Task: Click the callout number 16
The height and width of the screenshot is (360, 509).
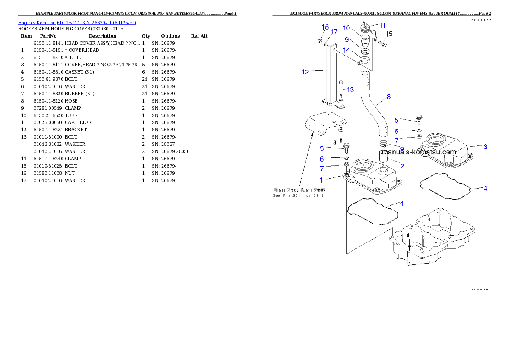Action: [x=325, y=27]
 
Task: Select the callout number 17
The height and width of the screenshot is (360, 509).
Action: [x=334, y=32]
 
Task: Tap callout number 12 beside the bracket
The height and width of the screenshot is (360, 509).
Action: [x=305, y=72]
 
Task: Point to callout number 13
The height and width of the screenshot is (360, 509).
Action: [x=350, y=89]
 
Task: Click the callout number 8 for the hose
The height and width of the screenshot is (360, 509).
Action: [x=388, y=97]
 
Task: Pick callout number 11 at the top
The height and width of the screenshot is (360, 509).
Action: [x=382, y=25]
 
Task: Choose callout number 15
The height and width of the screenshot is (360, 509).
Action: [x=389, y=34]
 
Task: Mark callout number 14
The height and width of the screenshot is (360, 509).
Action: [x=346, y=50]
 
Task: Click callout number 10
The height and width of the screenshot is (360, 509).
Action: [x=346, y=28]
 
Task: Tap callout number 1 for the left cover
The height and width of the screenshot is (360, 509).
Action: [x=322, y=180]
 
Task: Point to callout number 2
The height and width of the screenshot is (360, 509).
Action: [x=402, y=165]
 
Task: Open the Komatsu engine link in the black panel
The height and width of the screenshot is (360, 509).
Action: [x=77, y=23]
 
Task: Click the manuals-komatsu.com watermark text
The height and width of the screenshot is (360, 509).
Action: [x=420, y=152]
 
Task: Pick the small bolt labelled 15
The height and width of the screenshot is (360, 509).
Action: [x=383, y=43]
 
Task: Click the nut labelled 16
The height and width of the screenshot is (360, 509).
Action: [x=320, y=41]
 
